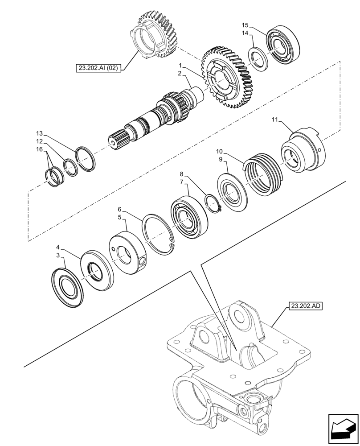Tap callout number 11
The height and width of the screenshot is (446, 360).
(x=275, y=120)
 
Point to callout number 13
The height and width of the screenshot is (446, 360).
(x=40, y=133)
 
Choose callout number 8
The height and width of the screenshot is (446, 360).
(x=182, y=174)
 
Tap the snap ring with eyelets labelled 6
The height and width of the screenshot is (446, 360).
(x=159, y=235)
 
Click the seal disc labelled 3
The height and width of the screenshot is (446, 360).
(x=68, y=286)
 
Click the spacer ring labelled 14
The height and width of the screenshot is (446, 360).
(x=258, y=58)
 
